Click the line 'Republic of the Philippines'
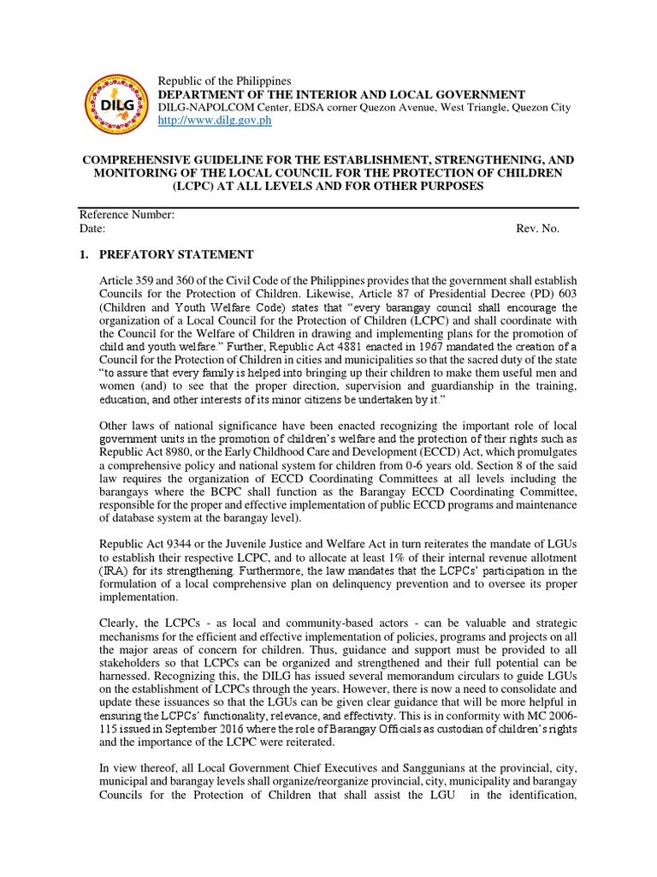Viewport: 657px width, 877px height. (225, 81)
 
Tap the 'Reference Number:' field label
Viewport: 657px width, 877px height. (127, 216)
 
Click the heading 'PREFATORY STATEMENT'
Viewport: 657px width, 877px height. (176, 254)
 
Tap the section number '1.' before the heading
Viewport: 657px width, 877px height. (84, 254)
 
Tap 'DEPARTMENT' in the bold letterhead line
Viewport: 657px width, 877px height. (203, 94)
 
